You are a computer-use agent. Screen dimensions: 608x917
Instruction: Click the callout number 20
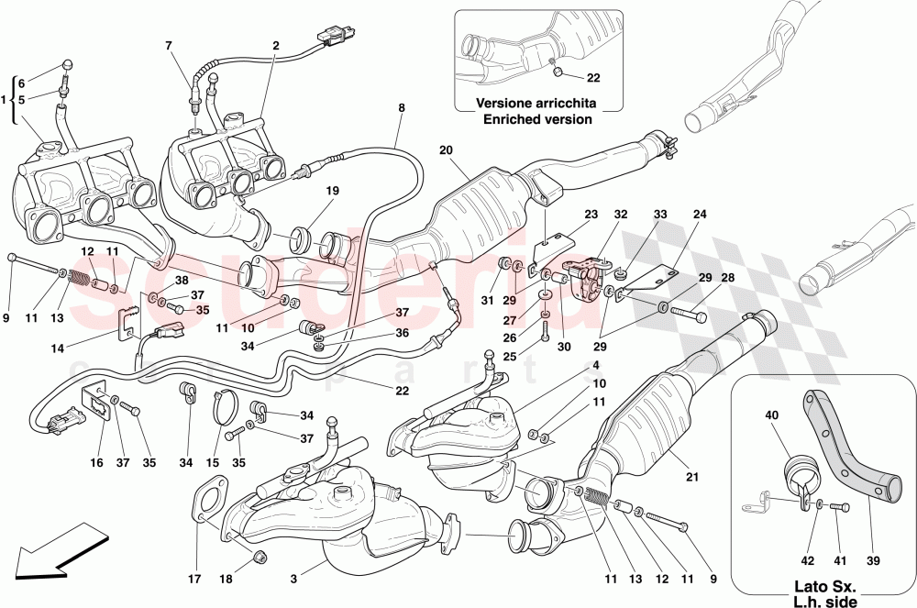446,150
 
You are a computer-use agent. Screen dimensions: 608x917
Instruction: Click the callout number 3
294,580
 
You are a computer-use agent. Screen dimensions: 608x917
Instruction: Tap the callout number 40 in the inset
771,415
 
